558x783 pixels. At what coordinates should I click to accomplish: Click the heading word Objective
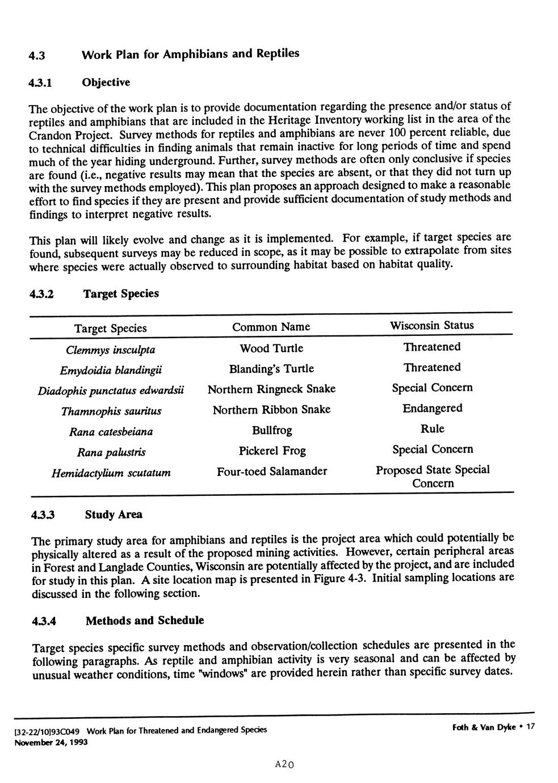pos(106,83)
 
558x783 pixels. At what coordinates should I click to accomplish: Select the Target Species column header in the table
pos(110,329)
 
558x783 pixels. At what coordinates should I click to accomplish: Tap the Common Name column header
pos(271,327)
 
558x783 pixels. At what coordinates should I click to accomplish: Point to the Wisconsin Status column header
pos(431,326)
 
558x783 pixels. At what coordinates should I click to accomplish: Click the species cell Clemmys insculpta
pos(110,350)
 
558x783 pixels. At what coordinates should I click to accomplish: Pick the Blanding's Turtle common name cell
pos(271,369)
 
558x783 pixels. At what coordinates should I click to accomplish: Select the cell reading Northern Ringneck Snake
pos(271,389)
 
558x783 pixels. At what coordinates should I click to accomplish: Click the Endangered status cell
pos(432,409)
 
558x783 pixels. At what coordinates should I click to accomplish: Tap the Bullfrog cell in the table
pos(272,431)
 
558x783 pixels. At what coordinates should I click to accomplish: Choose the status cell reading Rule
pos(432,429)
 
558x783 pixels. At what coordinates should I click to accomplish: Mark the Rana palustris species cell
pos(111,452)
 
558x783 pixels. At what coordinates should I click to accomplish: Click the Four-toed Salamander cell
pos(272,472)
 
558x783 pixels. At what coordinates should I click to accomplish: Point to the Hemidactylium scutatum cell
pos(111,473)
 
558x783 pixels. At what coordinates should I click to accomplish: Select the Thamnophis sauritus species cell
pos(111,411)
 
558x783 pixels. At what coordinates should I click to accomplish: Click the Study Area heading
pos(114,515)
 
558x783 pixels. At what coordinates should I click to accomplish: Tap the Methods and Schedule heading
pos(144,620)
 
